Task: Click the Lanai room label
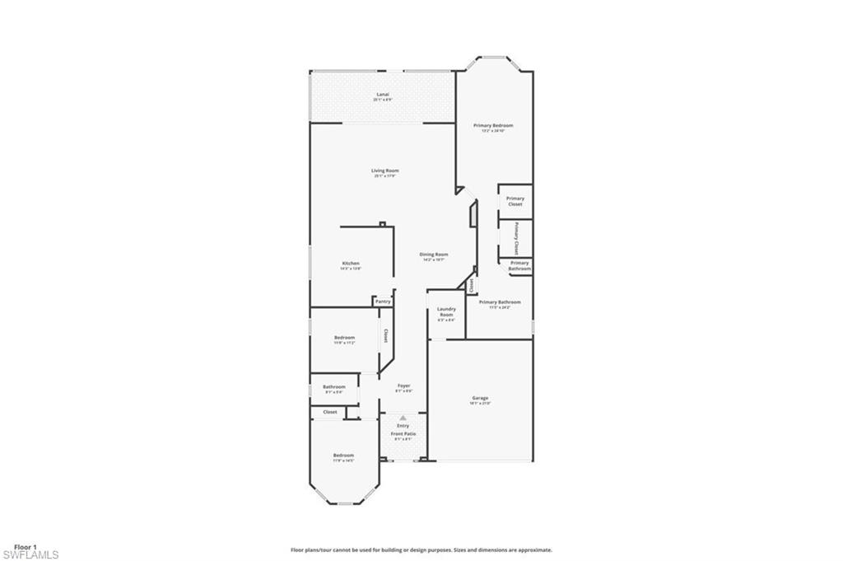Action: click(x=382, y=95)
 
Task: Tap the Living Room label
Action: click(x=385, y=171)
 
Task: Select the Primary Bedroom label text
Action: click(x=493, y=125)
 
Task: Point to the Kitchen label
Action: click(x=351, y=264)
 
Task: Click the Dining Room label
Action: click(x=435, y=255)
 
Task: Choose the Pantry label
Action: click(x=383, y=302)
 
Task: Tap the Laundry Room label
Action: click(x=446, y=312)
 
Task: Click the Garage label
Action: click(x=480, y=398)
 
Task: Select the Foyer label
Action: click(x=403, y=386)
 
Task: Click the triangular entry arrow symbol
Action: click(x=403, y=418)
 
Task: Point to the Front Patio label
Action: click(x=403, y=433)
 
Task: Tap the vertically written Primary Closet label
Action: click(x=516, y=238)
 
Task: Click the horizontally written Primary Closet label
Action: click(x=515, y=201)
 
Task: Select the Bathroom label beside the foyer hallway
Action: click(x=333, y=386)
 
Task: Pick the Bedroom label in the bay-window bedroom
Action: click(x=343, y=456)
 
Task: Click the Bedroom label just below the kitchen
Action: click(x=344, y=338)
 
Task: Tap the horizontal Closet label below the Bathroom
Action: click(x=329, y=412)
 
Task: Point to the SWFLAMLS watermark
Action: click(x=30, y=555)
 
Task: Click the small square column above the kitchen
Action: click(x=382, y=223)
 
